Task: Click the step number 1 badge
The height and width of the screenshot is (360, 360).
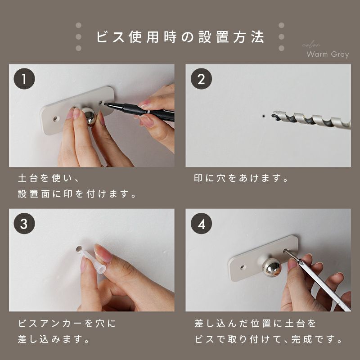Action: pos(24,79)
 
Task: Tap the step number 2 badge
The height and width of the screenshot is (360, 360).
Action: pos(201,79)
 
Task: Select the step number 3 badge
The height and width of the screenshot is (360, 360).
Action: pos(24,223)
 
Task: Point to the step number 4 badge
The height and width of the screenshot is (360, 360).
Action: pos(201,223)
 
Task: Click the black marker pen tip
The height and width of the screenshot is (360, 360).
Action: pos(105,104)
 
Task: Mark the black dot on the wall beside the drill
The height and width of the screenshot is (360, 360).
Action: pos(263,116)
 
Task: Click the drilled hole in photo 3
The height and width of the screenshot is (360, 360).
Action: pos(79,249)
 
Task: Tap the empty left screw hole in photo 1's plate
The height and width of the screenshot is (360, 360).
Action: pos(55,119)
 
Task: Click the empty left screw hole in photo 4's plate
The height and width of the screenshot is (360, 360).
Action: pos(243,267)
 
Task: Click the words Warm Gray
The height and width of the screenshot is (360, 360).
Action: pos(328,54)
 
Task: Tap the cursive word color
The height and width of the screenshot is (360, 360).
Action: pos(311,45)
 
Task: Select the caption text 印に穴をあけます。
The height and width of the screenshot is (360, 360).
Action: pos(241,178)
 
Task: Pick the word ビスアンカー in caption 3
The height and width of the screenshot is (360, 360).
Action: pos(50,323)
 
